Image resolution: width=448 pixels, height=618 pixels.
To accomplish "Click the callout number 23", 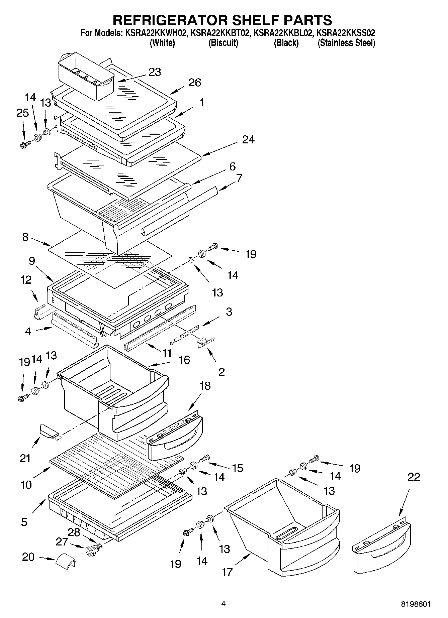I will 155,72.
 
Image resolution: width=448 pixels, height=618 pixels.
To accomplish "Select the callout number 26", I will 195,83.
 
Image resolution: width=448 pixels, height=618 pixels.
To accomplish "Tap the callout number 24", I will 248,139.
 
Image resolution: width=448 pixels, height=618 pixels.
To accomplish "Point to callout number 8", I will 25,237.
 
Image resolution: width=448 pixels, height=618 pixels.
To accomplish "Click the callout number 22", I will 414,477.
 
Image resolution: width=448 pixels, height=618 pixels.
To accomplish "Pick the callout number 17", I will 227,572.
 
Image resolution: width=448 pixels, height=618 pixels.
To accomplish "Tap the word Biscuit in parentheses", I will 223,43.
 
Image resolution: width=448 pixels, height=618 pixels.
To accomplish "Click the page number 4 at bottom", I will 223,604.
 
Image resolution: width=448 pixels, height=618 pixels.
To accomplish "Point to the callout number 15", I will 237,468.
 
